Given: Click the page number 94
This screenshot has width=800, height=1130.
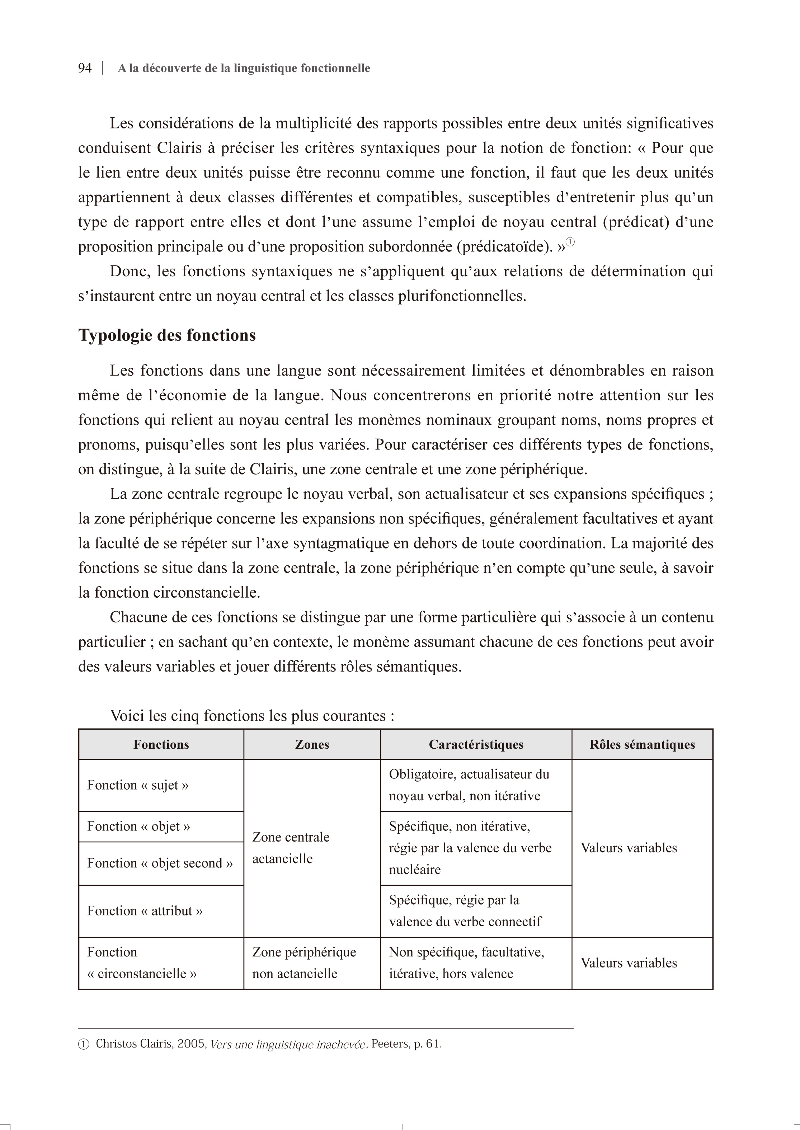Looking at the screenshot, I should [x=85, y=68].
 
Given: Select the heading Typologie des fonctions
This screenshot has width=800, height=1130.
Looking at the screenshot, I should [x=167, y=335].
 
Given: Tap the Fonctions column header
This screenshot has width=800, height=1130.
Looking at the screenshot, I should [x=161, y=744].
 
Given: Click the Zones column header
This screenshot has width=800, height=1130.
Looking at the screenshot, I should [x=312, y=744].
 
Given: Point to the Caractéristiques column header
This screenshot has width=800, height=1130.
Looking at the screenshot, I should [x=476, y=744].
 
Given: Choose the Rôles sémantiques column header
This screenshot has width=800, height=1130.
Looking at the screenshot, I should [x=642, y=744].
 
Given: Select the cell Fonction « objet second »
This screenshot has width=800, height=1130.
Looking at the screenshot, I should [x=160, y=863].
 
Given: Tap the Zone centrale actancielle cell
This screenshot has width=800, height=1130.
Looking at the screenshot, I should [x=291, y=848].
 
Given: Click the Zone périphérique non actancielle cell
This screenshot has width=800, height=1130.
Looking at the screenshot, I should [x=304, y=962].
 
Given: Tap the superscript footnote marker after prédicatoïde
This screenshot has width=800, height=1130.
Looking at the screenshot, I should [x=570, y=242].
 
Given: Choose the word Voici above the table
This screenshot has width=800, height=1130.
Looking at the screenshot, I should [x=127, y=715].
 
